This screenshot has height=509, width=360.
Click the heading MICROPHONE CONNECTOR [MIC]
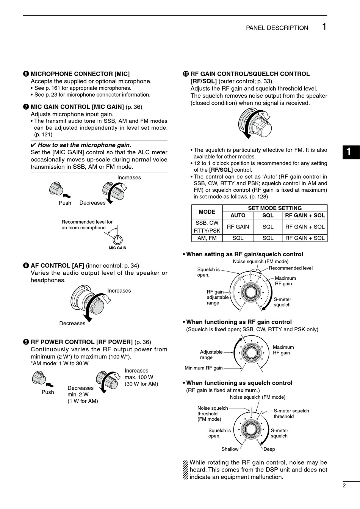(x=80, y=74)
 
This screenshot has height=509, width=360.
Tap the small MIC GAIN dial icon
(x=118, y=240)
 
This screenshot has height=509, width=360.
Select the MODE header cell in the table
(x=207, y=212)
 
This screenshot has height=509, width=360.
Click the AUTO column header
(x=238, y=215)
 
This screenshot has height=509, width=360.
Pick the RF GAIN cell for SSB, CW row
(x=238, y=227)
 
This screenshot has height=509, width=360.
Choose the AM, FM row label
(x=207, y=238)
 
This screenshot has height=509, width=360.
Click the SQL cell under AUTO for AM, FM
(x=238, y=238)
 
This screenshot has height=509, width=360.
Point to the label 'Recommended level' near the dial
(x=291, y=268)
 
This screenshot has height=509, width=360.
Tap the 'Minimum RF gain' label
(x=203, y=368)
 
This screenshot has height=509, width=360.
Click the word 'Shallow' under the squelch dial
(x=230, y=449)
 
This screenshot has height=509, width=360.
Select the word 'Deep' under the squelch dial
(x=269, y=449)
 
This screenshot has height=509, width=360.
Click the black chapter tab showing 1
(x=351, y=152)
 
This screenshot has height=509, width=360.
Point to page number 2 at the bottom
(x=344, y=486)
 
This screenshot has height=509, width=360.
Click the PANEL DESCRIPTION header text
(x=277, y=28)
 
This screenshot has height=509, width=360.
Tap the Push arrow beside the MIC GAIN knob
(x=67, y=196)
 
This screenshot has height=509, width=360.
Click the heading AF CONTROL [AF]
(x=57, y=266)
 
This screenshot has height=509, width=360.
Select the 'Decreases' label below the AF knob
(x=72, y=323)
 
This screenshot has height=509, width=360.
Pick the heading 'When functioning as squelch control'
(x=239, y=383)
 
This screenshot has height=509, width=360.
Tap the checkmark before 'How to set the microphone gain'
(x=33, y=145)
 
